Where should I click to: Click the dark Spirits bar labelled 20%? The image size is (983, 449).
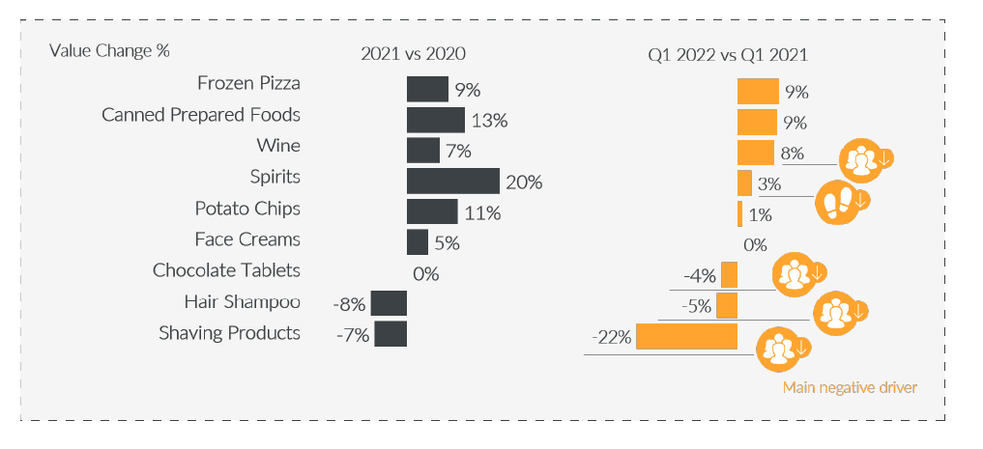pyautogui.click(x=452, y=181)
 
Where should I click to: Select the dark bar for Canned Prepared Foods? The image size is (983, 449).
pyautogui.click(x=436, y=120)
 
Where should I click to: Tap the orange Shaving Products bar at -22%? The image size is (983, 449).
pyautogui.click(x=686, y=336)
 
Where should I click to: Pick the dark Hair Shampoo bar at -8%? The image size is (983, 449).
pyautogui.click(x=389, y=303)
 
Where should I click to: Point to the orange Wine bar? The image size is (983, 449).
pyautogui.click(x=756, y=153)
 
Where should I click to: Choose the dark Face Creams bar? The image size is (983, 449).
pyautogui.click(x=418, y=241)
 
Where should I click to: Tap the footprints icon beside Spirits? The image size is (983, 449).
pyautogui.click(x=836, y=201)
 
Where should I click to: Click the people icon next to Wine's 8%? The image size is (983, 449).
pyautogui.click(x=859, y=158)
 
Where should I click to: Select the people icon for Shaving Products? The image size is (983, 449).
pyautogui.click(x=777, y=349)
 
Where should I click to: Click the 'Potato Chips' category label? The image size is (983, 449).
pyautogui.click(x=247, y=209)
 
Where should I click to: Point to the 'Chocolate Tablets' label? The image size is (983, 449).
pyautogui.click(x=226, y=270)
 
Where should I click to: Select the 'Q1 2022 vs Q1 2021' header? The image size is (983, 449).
pyautogui.click(x=728, y=54)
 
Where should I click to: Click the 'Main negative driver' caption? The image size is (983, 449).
pyautogui.click(x=849, y=388)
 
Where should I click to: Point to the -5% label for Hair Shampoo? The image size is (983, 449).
pyautogui.click(x=696, y=306)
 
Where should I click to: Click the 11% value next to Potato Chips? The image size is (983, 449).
pyautogui.click(x=481, y=213)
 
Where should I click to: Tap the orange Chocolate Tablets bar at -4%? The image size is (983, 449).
pyautogui.click(x=729, y=274)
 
